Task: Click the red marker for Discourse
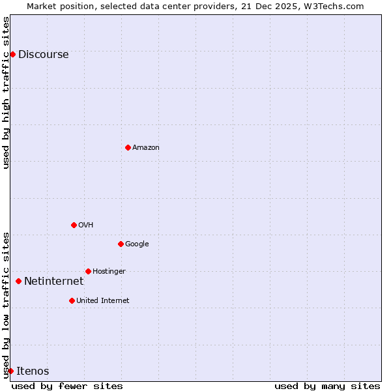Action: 12,54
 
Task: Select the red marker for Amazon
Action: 128,147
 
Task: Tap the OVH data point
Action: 74,225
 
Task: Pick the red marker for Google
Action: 121,244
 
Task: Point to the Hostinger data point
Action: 88,271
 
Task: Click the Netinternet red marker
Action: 18,281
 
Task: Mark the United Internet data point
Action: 72,300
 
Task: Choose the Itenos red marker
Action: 10,371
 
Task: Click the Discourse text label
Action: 43,55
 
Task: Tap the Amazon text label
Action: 146,148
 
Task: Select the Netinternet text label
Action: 53,282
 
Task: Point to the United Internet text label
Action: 102,301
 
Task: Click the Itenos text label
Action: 33,371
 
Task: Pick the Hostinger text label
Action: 109,272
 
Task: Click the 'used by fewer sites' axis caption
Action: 67,386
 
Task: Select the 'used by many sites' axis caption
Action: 327,386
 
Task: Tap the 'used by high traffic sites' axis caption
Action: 6,93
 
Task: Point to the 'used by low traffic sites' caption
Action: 6,305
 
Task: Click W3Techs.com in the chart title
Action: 336,6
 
